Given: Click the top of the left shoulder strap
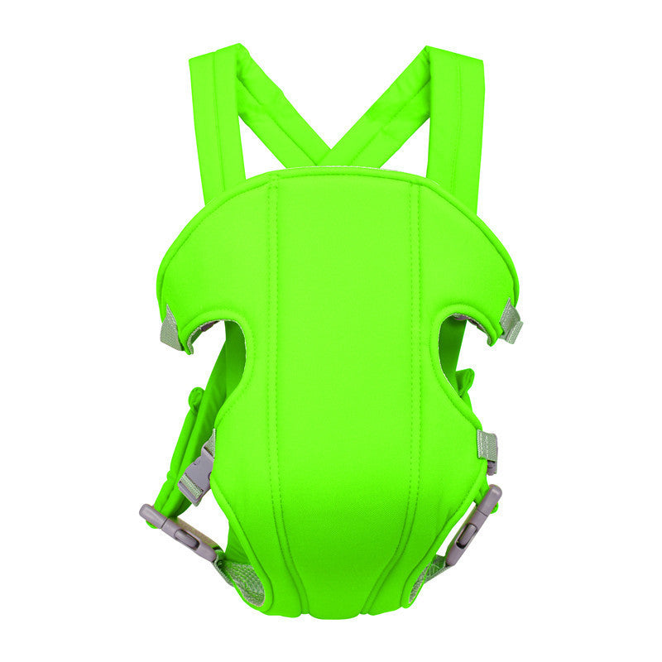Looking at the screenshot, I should coord(213,60).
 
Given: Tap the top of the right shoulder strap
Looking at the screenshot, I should coord(454,60).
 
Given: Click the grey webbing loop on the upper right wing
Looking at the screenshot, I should coord(511,321).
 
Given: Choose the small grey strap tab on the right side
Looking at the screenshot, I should coord(488,447).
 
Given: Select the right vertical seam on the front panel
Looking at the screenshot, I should coord(418,372).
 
